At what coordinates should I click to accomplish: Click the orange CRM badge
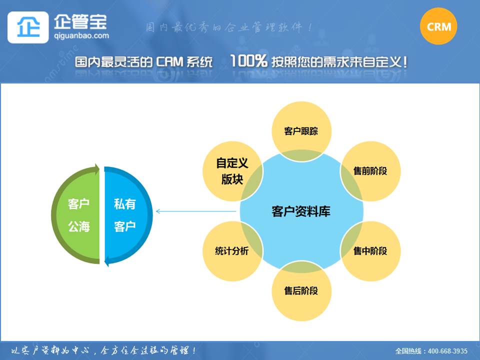pyautogui.click(x=439, y=26)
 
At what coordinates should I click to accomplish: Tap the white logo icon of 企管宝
pyautogui.click(x=28, y=27)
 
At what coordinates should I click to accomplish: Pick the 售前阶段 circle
pyautogui.click(x=370, y=171)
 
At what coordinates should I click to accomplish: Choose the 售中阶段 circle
pyautogui.click(x=370, y=251)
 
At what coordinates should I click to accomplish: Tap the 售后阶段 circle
pyautogui.click(x=301, y=291)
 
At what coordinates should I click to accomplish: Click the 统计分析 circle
pyautogui.click(x=231, y=251)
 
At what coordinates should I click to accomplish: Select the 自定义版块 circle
pyautogui.click(x=232, y=171)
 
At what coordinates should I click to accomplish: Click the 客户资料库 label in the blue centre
pyautogui.click(x=301, y=211)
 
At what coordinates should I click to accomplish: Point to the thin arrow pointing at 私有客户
pyautogui.click(x=195, y=211)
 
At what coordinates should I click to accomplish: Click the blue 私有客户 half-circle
pyautogui.click(x=125, y=215)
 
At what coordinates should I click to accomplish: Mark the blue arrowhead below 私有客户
pyautogui.click(x=108, y=260)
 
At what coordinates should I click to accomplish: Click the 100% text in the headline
pyautogui.click(x=248, y=61)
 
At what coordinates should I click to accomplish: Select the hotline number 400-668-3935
pyautogui.click(x=448, y=351)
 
